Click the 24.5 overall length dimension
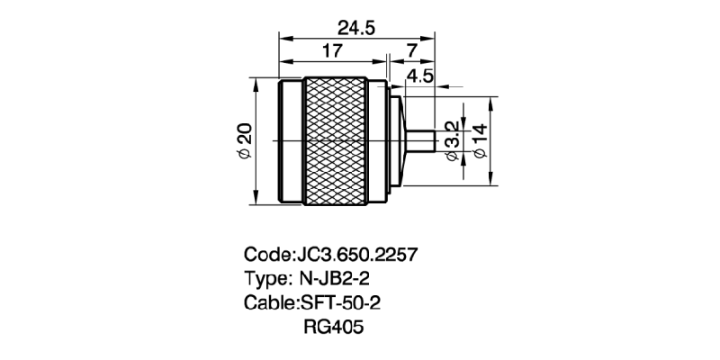tap(357, 27)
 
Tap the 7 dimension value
tap(411, 52)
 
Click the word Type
tap(265, 277)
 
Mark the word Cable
tap(267, 301)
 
